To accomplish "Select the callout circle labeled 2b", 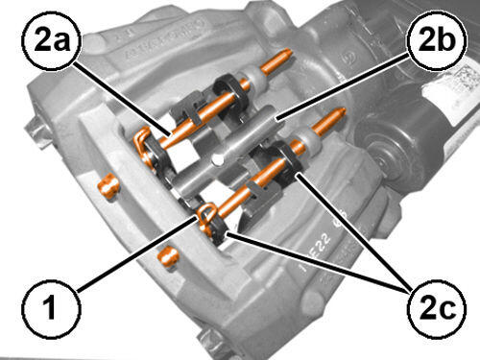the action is click(x=437, y=39).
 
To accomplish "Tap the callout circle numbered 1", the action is click(x=51, y=309).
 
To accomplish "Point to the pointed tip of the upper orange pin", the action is click(x=290, y=51).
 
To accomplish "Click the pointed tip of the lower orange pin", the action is click(x=344, y=109).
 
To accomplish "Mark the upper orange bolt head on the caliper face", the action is click(x=108, y=186).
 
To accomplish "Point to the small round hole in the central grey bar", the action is click(x=218, y=159).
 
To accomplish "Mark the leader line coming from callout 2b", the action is click(x=343, y=86).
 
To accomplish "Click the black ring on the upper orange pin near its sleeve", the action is click(x=229, y=90).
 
